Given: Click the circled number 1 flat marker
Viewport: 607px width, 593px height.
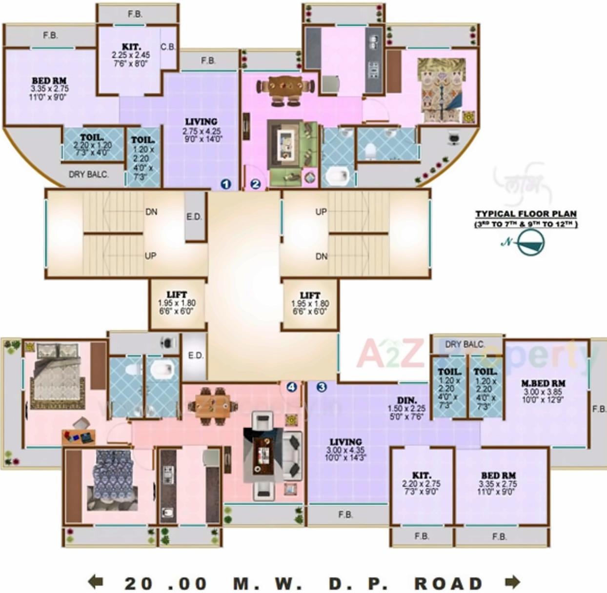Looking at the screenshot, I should [225, 184].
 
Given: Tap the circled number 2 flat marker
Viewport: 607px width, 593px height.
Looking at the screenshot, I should [256, 184].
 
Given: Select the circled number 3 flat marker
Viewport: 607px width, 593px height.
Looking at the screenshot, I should [321, 387].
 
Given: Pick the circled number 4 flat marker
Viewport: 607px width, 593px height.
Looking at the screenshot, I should [291, 387].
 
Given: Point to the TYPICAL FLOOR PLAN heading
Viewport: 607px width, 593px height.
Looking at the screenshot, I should [526, 214].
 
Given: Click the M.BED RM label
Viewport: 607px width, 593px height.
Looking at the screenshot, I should [543, 384].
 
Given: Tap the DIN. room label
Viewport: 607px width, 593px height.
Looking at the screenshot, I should [406, 400].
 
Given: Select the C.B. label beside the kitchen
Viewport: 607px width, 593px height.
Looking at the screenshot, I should [168, 47].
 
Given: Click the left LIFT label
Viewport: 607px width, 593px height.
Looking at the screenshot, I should [177, 295].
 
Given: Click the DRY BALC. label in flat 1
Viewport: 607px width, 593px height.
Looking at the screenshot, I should [88, 174].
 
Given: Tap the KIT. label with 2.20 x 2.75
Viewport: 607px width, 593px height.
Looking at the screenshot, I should [421, 475].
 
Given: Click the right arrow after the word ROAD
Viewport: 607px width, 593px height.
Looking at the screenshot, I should [512, 582].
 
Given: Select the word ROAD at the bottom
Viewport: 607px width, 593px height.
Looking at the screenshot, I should [448, 583].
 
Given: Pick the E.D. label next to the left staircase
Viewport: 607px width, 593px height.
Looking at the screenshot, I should [194, 217].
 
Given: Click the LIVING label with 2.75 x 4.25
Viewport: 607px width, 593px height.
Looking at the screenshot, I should [201, 122].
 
